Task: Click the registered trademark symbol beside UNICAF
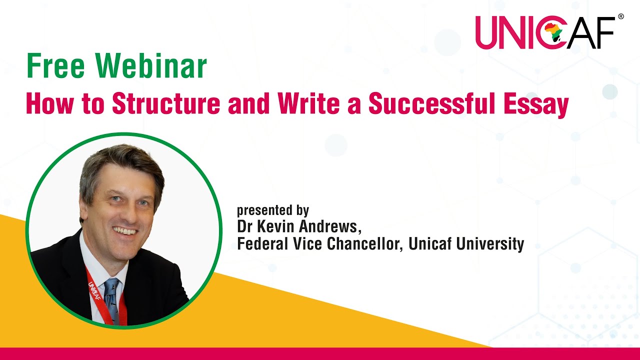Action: tap(620, 16)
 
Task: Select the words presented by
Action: tap(273, 210)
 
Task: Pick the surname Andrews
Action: tap(329, 226)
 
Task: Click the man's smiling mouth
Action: tap(125, 231)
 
